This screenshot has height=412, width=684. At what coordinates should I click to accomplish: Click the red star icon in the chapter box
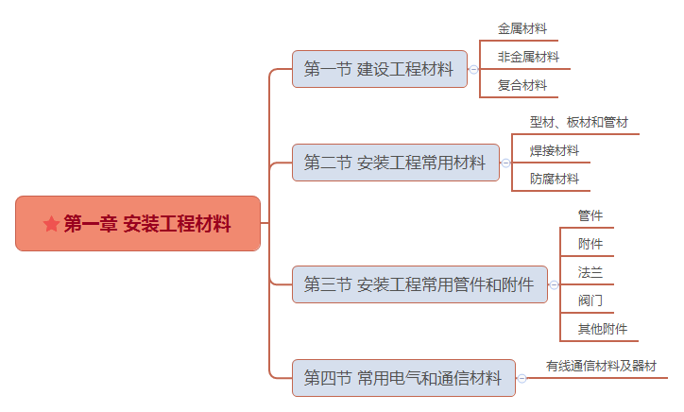coord(51,224)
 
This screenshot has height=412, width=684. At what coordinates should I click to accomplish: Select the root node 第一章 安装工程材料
coord(138,223)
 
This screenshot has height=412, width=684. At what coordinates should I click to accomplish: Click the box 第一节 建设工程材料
coord(380,69)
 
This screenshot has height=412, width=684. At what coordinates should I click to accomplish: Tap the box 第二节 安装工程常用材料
coord(396,163)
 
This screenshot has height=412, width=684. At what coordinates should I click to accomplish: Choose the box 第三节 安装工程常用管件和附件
coord(419,284)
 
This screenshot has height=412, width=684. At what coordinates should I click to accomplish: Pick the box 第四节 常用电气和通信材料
coord(403,378)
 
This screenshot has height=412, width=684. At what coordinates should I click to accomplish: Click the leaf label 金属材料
coord(522,28)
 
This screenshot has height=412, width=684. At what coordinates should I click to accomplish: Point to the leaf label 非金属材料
coord(528,57)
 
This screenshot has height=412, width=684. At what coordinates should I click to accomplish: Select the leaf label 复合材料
coord(522,85)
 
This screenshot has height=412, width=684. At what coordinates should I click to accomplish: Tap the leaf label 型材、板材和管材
coord(579,122)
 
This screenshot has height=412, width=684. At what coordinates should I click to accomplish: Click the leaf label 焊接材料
coord(555,150)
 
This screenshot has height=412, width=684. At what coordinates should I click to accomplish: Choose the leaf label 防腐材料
coord(555,179)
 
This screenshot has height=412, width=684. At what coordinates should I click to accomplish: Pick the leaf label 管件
coord(590,215)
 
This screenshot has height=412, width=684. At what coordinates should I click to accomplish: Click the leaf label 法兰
coord(590,272)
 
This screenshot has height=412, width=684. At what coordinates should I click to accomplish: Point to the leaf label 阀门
coord(590,300)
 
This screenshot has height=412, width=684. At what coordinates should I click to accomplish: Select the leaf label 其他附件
coord(603,329)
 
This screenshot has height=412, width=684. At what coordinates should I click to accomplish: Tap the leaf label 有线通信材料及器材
coord(601,366)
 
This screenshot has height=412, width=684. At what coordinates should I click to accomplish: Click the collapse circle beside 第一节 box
coord(473,69)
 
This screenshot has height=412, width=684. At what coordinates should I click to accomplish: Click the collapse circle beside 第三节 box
coord(554,285)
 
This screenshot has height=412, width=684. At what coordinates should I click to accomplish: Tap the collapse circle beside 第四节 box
coord(522,378)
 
